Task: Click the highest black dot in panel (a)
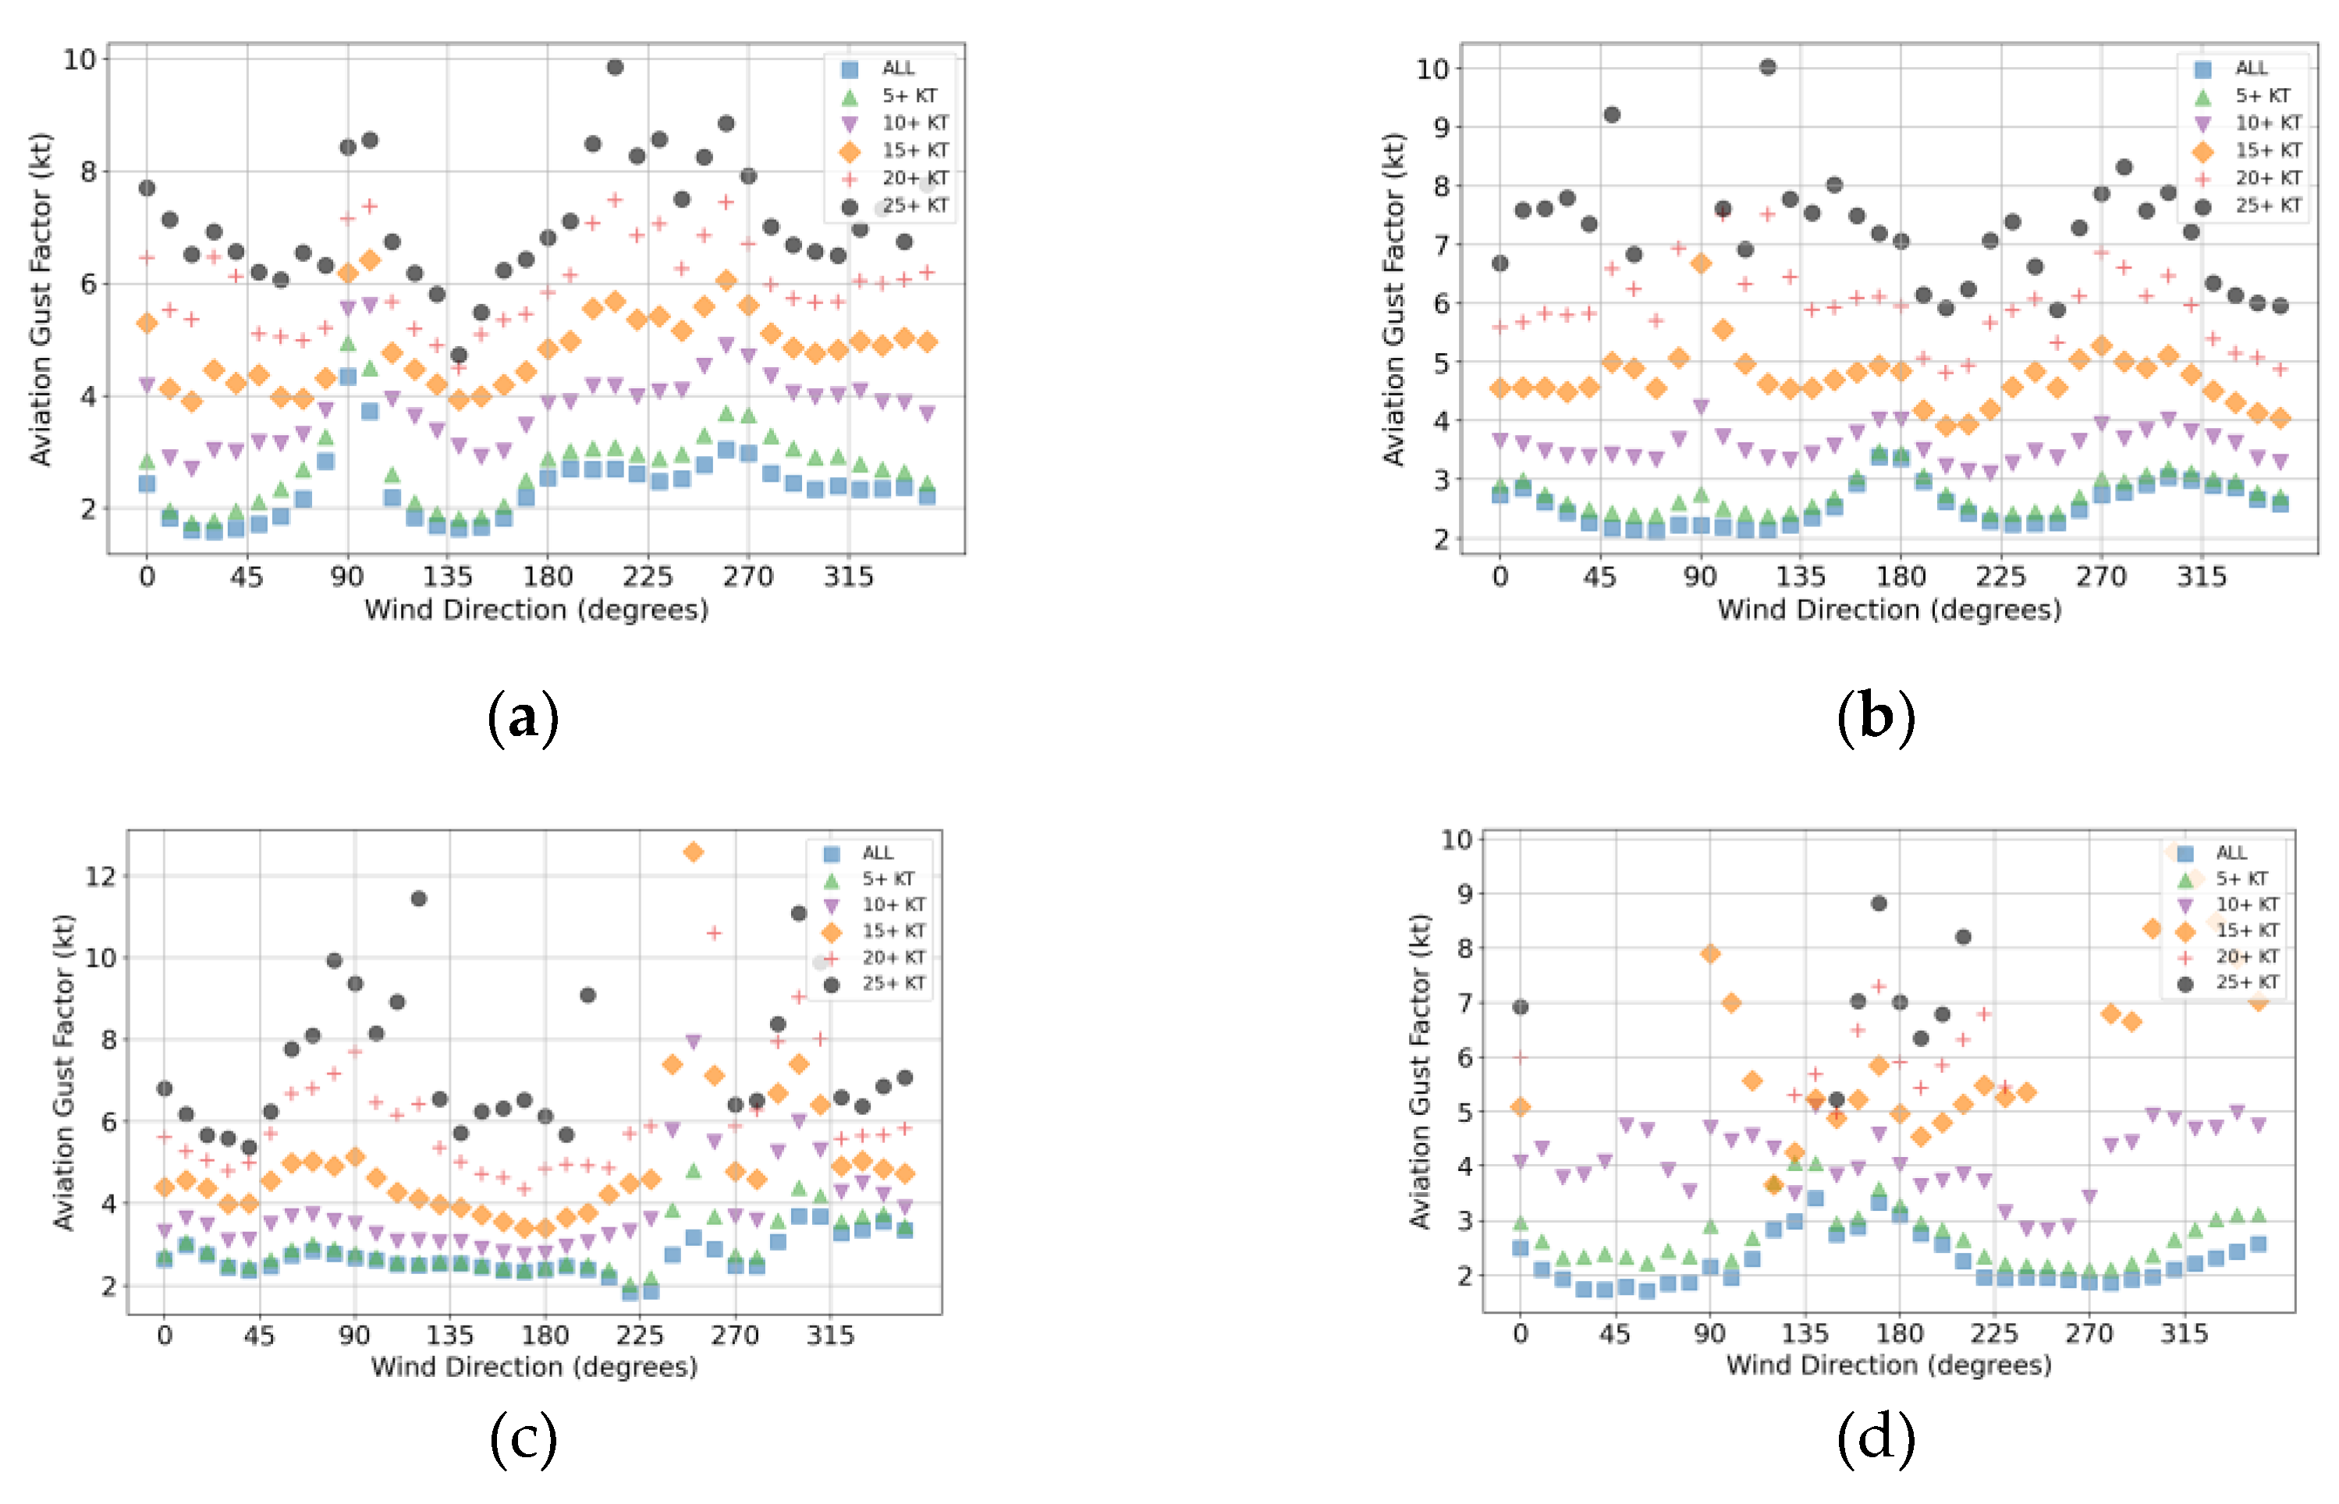tap(615, 67)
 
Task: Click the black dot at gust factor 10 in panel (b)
tap(1767, 67)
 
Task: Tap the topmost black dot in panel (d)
tap(1879, 904)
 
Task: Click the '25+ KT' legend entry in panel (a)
tap(914, 206)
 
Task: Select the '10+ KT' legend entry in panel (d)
tap(2247, 904)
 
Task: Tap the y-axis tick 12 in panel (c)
tap(100, 876)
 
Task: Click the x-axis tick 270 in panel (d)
tap(2089, 1334)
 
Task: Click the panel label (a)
tap(523, 718)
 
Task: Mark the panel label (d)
tap(1876, 1438)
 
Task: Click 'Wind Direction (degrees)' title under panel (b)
tap(1890, 610)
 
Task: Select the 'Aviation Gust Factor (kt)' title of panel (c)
tap(63, 1071)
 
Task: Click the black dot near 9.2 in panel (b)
tap(1612, 115)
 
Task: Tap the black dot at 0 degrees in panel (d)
tap(1521, 1007)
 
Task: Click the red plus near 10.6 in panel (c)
tap(714, 933)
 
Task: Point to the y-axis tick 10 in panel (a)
tap(80, 59)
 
